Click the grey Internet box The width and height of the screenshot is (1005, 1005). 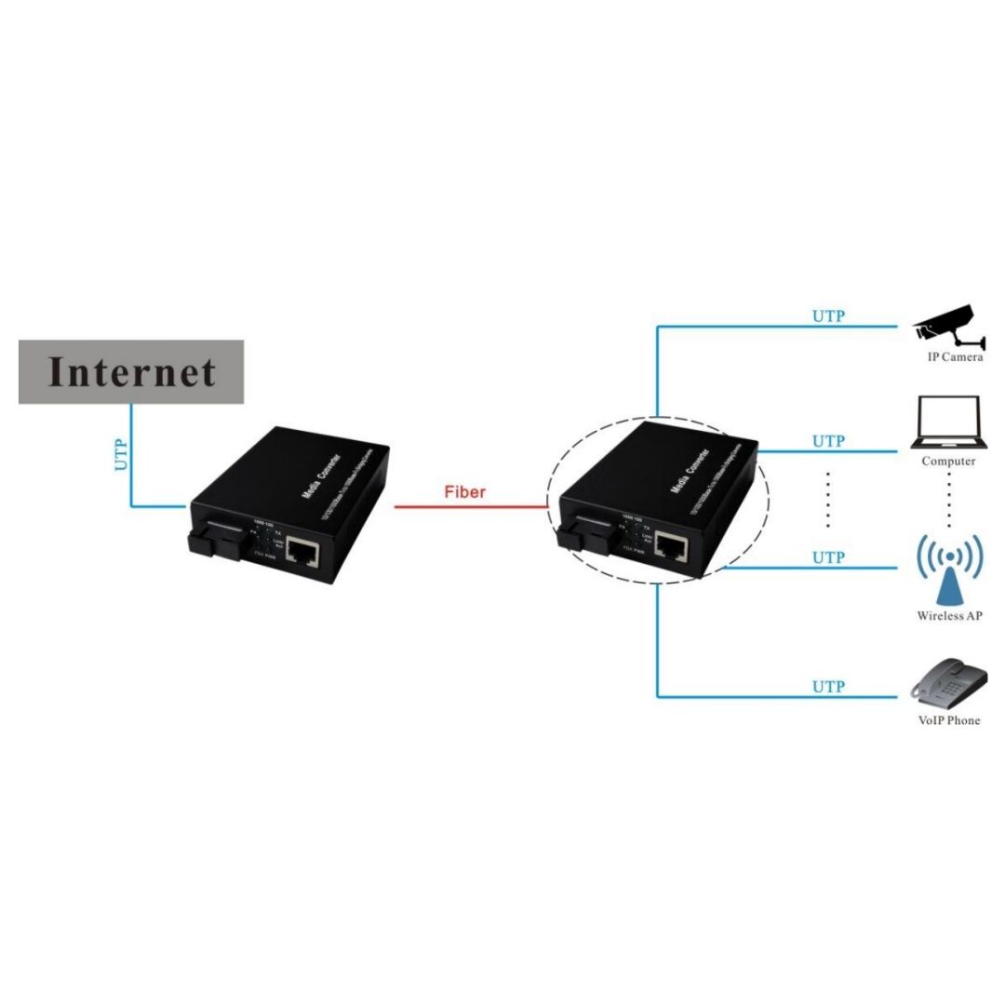131,371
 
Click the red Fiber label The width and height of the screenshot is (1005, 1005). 464,491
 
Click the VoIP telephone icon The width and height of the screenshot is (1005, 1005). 946,682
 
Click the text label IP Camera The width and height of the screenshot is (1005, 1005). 954,357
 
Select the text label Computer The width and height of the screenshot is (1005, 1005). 948,462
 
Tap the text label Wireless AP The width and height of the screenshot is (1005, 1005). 949,616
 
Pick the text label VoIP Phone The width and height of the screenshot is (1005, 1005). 948,720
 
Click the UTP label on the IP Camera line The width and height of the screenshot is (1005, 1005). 827,315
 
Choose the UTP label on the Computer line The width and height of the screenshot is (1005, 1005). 827,441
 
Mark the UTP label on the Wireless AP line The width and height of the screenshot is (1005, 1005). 827,557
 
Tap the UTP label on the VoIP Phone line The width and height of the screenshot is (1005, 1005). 827,687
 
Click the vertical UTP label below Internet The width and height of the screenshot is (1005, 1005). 121,453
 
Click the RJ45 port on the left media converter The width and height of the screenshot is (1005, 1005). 301,552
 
